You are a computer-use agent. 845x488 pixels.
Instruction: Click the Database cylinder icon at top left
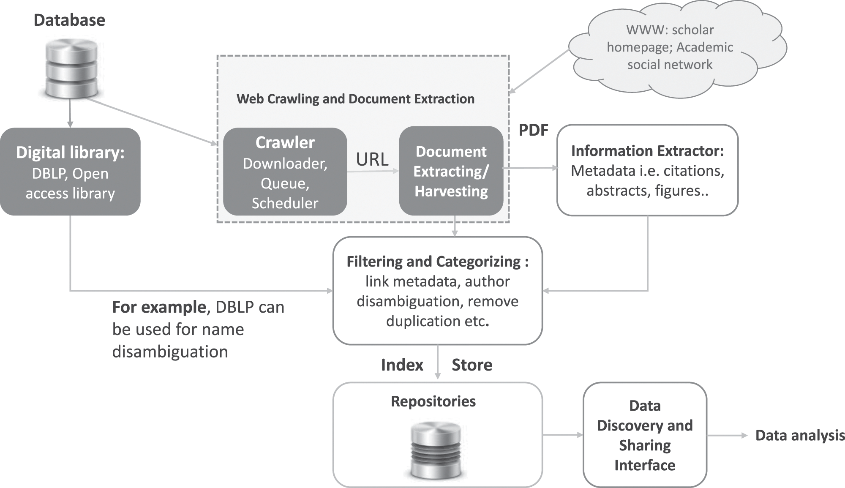coord(71,68)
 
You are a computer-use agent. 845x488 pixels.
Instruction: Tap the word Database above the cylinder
coord(69,20)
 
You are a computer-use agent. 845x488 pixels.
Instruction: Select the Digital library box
coord(70,172)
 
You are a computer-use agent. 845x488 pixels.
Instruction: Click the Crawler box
coord(285,172)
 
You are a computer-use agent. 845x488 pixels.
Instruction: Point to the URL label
coord(372,159)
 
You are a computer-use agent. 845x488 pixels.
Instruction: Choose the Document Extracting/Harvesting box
coord(451,171)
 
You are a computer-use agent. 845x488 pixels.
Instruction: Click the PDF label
coord(533,130)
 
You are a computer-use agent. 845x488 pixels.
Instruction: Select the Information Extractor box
coord(647,170)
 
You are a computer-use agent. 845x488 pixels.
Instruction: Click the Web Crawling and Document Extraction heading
coord(355,99)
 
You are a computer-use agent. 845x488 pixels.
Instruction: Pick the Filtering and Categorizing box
coord(438,291)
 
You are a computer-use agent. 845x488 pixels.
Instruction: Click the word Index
coord(402,365)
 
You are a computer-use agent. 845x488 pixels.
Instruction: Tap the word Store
coord(472,365)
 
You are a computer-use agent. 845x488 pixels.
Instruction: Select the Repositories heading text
coord(433,401)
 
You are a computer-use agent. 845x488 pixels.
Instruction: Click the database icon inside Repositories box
coord(436,449)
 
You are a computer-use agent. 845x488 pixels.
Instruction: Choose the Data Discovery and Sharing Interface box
coord(645,435)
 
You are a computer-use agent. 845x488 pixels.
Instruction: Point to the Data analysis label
coord(800,436)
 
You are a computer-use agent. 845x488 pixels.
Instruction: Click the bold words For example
coord(159,307)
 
